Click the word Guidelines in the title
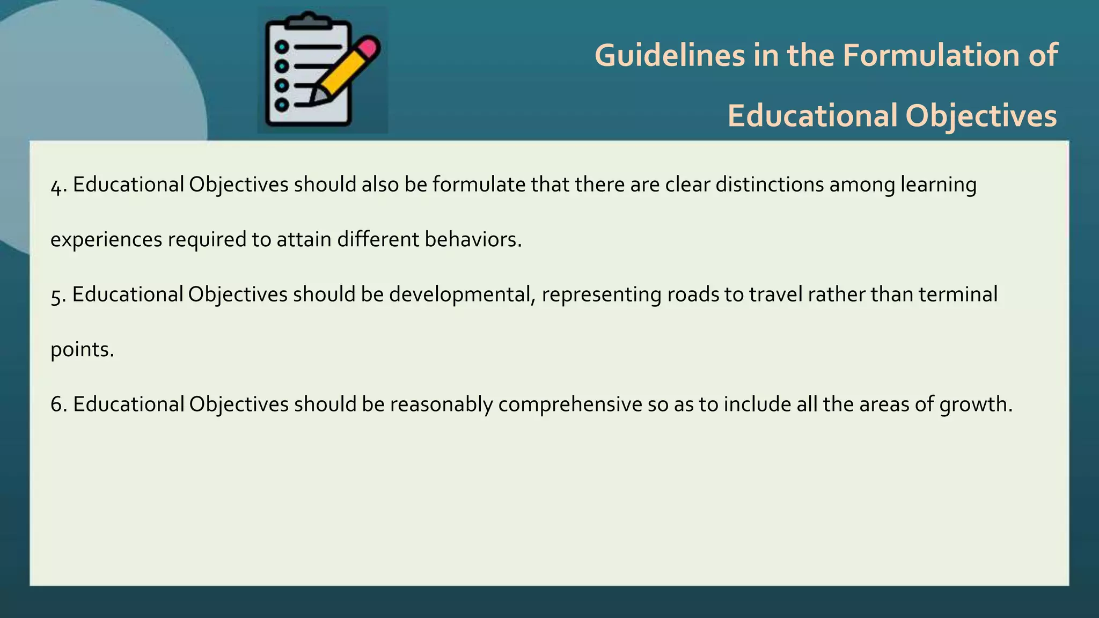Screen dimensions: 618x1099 [670, 55]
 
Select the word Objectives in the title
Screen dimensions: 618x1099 [981, 116]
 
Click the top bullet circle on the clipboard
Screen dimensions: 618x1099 [282, 47]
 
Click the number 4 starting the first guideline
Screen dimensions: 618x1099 [56, 186]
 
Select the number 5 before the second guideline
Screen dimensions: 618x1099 [56, 296]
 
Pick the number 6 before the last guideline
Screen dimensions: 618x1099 [56, 404]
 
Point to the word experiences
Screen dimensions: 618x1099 [106, 240]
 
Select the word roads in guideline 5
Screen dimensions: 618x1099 [693, 295]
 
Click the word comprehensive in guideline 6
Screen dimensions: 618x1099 [570, 404]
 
